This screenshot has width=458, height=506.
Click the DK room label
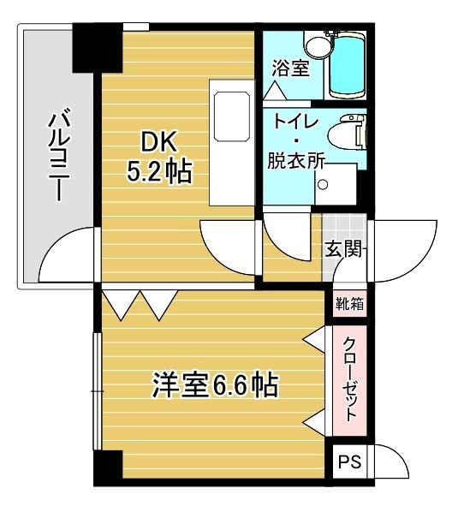click(x=160, y=143)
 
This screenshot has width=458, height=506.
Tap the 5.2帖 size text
click(x=159, y=171)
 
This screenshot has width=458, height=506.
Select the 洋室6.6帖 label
click(x=215, y=384)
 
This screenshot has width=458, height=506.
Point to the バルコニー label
click(x=59, y=156)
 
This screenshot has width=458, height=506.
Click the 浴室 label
click(x=290, y=68)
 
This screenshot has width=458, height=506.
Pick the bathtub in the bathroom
click(x=348, y=65)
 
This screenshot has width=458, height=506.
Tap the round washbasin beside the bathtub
click(x=318, y=48)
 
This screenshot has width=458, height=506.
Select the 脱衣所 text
click(x=296, y=160)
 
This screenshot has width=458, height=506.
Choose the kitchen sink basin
click(x=231, y=116)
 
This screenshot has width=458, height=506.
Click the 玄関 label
click(x=342, y=249)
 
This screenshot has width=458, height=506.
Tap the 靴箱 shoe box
click(x=350, y=304)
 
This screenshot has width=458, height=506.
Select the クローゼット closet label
click(x=350, y=379)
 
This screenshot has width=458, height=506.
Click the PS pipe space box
click(x=349, y=462)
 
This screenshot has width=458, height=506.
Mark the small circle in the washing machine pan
click(x=323, y=185)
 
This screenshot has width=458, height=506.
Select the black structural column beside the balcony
click(x=98, y=48)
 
